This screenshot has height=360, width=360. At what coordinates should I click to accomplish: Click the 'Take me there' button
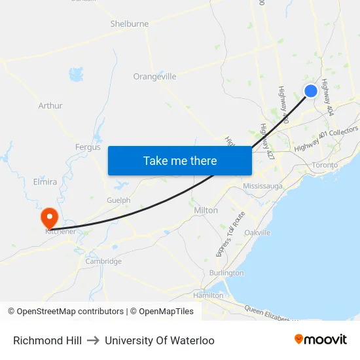click(180, 160)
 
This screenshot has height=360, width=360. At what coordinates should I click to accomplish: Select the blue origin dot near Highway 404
click(311, 91)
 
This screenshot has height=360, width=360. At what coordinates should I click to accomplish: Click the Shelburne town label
click(129, 24)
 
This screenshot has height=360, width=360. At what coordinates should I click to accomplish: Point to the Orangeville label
click(154, 77)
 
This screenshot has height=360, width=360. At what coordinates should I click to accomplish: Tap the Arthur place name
click(50, 105)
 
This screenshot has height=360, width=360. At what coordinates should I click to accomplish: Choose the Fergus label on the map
click(88, 147)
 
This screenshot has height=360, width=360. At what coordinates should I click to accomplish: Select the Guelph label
click(118, 200)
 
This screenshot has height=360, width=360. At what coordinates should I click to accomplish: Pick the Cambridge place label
click(103, 261)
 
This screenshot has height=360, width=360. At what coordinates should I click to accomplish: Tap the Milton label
click(206, 210)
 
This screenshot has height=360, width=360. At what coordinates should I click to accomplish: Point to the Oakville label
click(257, 232)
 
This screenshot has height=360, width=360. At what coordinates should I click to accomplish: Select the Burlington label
click(226, 272)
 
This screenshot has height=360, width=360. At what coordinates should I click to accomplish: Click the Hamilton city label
click(209, 295)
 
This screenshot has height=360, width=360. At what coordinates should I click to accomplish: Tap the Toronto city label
click(325, 165)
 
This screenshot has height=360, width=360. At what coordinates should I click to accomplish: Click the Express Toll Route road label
click(230, 234)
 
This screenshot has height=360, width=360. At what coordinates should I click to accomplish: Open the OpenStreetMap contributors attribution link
click(70, 312)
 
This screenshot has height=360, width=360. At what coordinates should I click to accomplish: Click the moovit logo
click(320, 340)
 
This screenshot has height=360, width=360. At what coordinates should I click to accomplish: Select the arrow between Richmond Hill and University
click(93, 340)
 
